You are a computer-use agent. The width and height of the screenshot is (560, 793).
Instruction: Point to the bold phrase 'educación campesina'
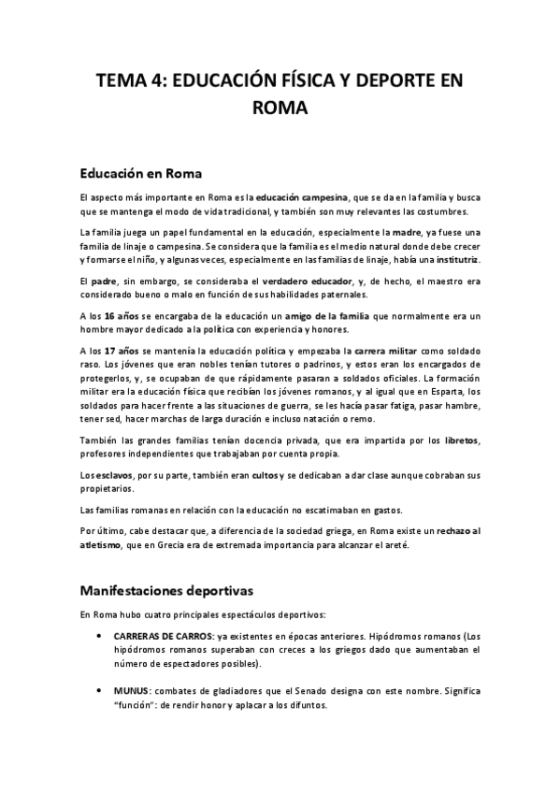click(302, 197)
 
